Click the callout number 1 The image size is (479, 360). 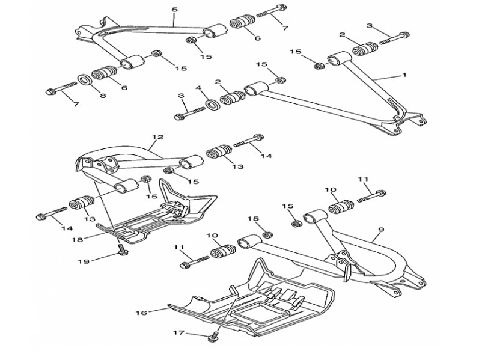404,76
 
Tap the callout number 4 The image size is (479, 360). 198,88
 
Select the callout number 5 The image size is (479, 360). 174,10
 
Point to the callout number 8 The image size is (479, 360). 103,95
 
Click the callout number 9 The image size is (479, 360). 380,230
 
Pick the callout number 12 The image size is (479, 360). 157,138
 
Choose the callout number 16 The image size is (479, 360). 142,313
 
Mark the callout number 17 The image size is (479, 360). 177,332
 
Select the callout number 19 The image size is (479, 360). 83,262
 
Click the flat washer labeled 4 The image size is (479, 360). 211,106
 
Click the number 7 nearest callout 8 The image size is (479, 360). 76,105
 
